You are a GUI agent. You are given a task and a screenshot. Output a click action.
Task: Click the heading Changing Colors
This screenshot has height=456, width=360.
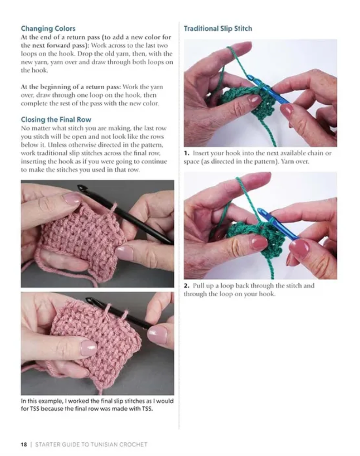point(48,28)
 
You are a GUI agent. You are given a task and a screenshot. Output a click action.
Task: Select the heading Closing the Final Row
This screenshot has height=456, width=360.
point(56,119)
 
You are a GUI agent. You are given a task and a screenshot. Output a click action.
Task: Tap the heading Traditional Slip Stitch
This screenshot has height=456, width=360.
point(217,28)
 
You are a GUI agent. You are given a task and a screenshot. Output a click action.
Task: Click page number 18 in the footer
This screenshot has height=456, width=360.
point(24,444)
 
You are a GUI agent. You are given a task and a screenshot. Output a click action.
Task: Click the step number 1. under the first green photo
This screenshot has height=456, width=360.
point(186,153)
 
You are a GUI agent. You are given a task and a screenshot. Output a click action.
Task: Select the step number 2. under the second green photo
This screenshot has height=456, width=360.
point(186,286)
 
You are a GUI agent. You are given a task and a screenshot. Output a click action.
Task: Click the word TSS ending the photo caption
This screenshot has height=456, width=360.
point(147,409)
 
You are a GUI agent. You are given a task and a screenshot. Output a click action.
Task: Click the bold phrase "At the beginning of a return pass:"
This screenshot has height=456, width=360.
point(71,87)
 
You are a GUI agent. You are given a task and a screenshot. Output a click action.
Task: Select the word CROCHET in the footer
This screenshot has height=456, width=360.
point(133,444)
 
